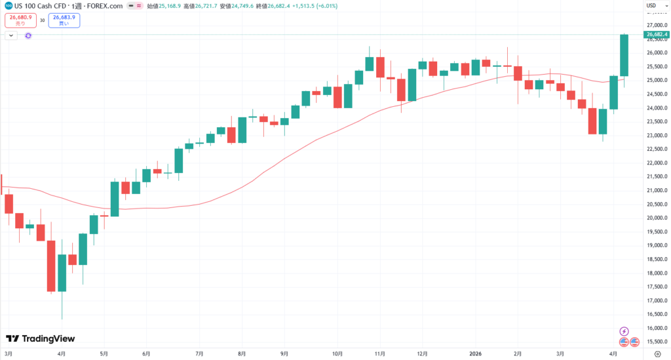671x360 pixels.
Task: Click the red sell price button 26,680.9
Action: click(x=20, y=20)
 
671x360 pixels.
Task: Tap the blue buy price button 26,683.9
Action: click(x=64, y=20)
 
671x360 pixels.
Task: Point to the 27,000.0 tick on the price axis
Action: click(x=656, y=25)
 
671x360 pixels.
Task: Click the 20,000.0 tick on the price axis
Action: click(x=656, y=218)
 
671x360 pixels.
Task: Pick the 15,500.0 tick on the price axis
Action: click(x=656, y=342)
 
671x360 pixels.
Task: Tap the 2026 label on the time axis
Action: click(x=476, y=353)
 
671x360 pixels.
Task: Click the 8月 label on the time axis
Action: click(x=242, y=353)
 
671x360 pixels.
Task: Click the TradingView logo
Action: click(x=40, y=339)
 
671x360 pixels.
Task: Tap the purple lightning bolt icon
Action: click(x=624, y=331)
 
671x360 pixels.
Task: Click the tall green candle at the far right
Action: click(x=624, y=55)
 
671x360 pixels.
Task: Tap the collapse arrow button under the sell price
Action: click(x=11, y=35)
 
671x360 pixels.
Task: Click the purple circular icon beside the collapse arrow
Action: click(x=28, y=35)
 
